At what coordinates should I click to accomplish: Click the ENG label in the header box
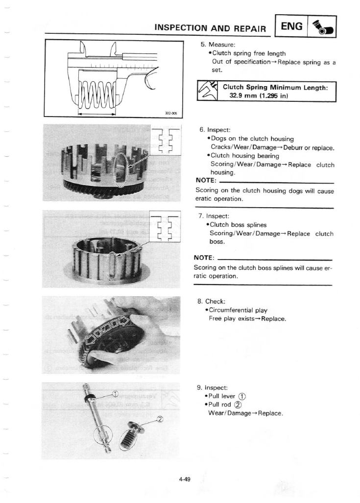click(x=294, y=24)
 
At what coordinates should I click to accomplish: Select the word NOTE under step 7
click(x=205, y=258)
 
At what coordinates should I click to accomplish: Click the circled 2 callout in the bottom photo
click(x=159, y=418)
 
